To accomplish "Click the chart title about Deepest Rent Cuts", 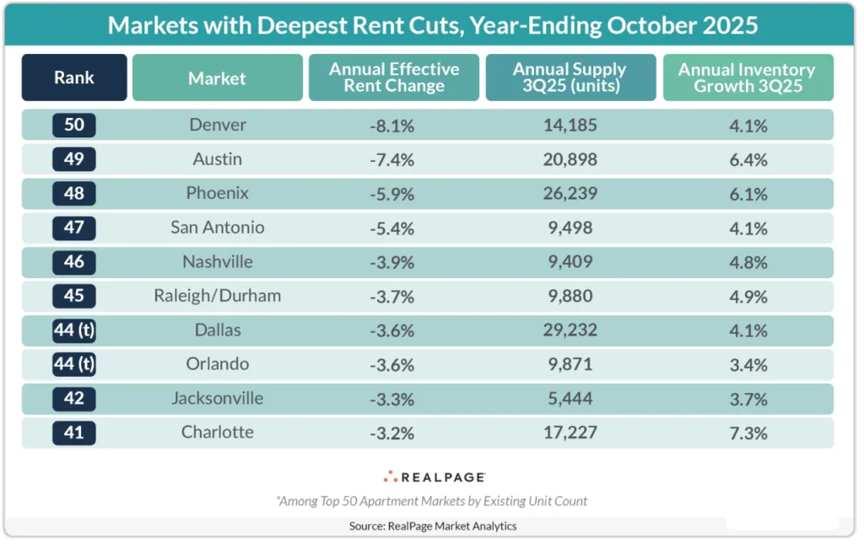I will coord(432,24).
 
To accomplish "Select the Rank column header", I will coord(74,78).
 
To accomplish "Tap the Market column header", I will coord(217,78).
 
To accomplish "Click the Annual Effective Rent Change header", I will coord(393,78).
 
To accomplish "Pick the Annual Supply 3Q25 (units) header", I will coord(570,78).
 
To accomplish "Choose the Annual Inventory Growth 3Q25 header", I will coord(747,78).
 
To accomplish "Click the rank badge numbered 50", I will coord(74,125).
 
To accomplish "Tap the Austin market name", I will coord(217,158).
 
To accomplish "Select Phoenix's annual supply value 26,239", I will coord(570,193).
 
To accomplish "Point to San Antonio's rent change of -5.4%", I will coord(393,228).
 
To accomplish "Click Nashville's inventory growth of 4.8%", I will coord(747,261).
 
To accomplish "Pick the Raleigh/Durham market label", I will coord(217,296).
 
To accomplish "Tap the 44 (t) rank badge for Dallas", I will coord(74,330).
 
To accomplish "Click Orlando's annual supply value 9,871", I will coord(570,364).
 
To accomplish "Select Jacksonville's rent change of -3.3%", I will coord(393,398).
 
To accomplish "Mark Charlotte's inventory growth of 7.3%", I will coord(747,432).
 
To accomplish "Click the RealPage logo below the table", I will coord(432,476).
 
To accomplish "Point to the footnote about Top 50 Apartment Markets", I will coord(432,501).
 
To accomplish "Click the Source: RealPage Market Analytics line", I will coord(432,526).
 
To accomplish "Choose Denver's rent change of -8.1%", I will coord(393,125).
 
